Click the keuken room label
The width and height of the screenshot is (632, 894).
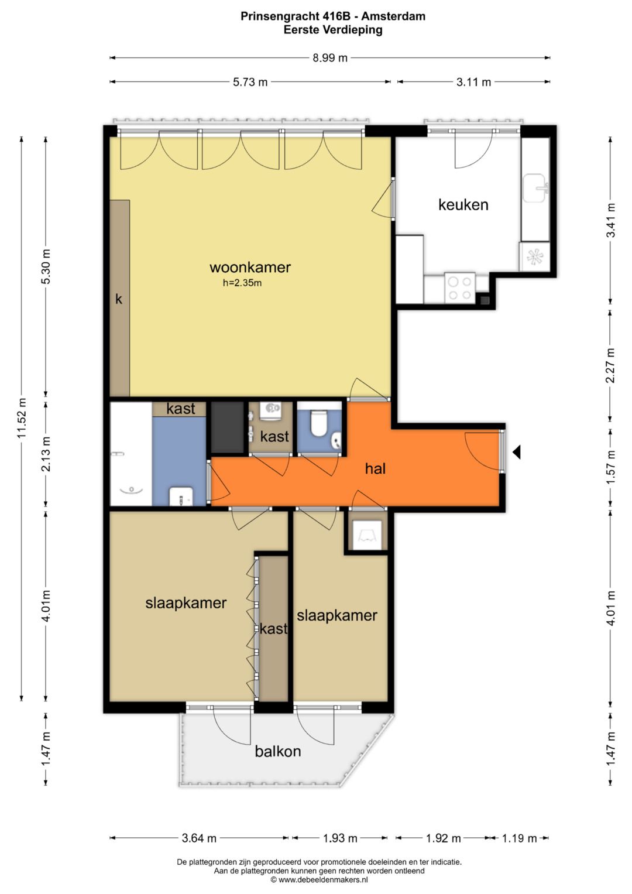(463, 205)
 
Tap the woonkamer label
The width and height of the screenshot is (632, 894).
(250, 267)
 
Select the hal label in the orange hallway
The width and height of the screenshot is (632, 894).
(375, 468)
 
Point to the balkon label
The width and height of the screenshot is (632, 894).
(278, 752)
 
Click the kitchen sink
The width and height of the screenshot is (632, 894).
(535, 188)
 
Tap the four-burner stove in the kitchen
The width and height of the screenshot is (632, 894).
(459, 288)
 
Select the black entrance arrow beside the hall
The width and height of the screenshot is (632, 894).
(517, 453)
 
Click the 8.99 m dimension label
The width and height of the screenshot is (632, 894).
(330, 58)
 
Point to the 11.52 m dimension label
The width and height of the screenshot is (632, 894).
(22, 418)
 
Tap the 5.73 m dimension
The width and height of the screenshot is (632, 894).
(250, 82)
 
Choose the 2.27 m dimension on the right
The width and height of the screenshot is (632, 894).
(611, 365)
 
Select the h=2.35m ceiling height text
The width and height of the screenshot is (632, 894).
(242, 283)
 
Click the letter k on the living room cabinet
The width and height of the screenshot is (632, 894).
(118, 299)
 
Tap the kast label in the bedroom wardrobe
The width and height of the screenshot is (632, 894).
(274, 629)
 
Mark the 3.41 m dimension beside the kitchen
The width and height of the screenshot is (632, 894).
(611, 220)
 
